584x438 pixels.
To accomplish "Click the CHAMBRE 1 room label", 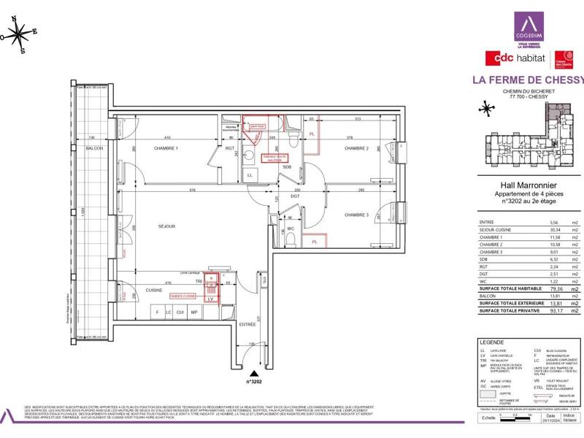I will pyautogui.click(x=166, y=148).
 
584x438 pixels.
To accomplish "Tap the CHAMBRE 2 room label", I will pyautogui.click(x=356, y=148).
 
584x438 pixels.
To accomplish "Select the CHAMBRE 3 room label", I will pyautogui.click(x=356, y=215).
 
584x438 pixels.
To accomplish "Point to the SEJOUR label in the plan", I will pyautogui.click(x=167, y=227).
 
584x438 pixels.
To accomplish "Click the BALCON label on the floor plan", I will pyautogui.click(x=93, y=148).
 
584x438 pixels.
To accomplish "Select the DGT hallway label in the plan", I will pyautogui.click(x=295, y=196).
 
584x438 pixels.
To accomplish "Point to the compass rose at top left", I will pyautogui.click(x=20, y=33).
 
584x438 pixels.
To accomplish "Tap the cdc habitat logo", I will pyautogui.click(x=518, y=58).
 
